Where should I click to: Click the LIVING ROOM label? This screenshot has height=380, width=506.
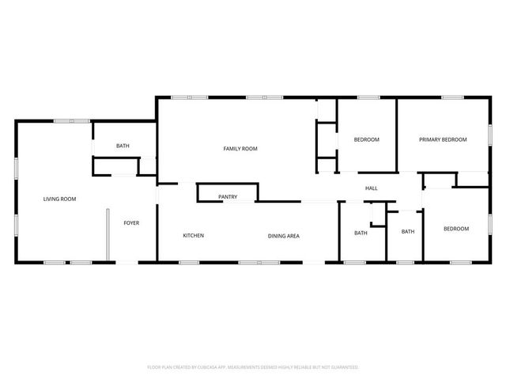(x=59, y=199)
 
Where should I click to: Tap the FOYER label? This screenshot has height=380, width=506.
(x=131, y=223)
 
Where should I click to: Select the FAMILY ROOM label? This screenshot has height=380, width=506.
(x=240, y=149)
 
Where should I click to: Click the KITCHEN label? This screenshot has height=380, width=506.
(x=194, y=236)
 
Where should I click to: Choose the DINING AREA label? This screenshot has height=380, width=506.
(x=282, y=236)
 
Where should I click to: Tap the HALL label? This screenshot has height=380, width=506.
(x=371, y=188)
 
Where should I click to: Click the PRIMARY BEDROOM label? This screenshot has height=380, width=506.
(x=443, y=139)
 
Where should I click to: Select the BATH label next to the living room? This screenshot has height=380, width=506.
(x=123, y=146)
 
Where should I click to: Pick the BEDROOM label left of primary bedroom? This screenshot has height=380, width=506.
(x=366, y=139)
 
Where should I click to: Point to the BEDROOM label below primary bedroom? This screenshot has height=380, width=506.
(x=456, y=229)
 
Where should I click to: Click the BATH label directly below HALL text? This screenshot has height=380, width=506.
(x=361, y=233)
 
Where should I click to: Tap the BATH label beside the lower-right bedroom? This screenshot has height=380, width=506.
(x=408, y=232)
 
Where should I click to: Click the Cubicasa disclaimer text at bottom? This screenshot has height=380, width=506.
(x=253, y=367)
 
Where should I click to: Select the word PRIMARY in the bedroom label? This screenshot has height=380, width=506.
(x=431, y=139)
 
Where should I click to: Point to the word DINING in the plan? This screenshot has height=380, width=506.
(x=275, y=236)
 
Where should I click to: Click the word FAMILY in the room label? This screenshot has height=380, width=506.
(x=232, y=149)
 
